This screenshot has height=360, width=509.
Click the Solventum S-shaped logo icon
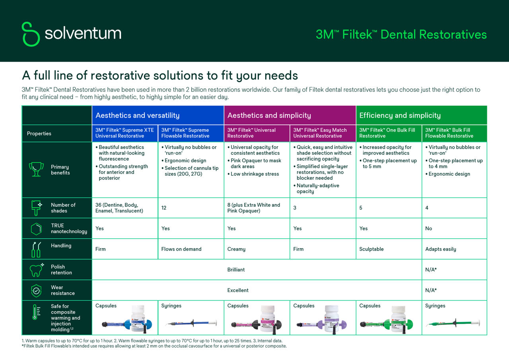pos(31,34)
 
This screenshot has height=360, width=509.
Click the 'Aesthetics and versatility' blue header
pos(138,115)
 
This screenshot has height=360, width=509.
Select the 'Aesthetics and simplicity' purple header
pos(269,115)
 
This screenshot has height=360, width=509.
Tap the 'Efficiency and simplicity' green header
pos(400,115)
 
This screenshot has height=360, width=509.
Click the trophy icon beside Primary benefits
pos(36,169)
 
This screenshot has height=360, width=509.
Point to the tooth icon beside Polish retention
pos(36,270)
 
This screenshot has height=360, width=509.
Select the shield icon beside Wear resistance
pos(36,290)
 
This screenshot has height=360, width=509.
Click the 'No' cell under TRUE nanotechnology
pos(428,228)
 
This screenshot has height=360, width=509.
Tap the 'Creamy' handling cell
pos(236,249)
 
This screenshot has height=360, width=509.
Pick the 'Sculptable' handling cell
pos(371,249)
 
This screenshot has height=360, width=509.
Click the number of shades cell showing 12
pos(164,208)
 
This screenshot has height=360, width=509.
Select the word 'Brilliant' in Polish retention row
pos(236,270)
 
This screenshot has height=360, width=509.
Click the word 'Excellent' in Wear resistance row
pos(238,290)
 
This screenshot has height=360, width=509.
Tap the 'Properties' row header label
pos(39,134)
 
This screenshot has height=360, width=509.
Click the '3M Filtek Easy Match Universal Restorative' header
pos(320,133)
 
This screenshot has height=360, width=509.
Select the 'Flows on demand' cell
pos(181,249)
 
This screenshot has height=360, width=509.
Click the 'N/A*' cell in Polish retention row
pos(431,270)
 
